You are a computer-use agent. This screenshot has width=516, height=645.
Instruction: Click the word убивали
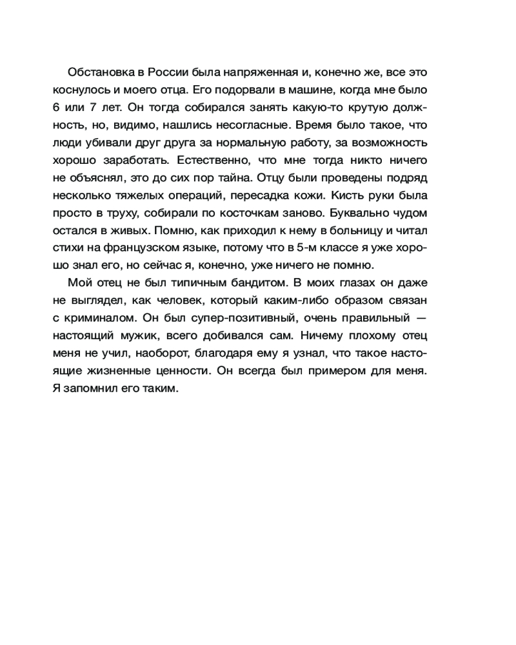(104, 141)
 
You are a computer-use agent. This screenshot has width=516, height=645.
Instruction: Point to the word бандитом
(259, 283)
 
